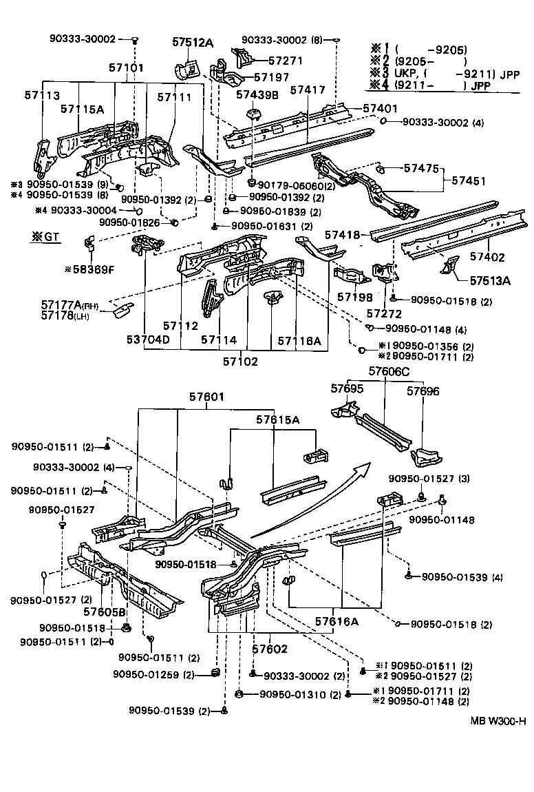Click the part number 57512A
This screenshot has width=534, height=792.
click(x=192, y=43)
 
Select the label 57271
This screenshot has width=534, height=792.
click(x=285, y=61)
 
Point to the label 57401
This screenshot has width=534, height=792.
click(x=380, y=108)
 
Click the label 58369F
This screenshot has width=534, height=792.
click(x=89, y=269)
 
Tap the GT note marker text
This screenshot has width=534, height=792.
click(x=44, y=236)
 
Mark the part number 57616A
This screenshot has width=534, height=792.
click(x=337, y=621)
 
